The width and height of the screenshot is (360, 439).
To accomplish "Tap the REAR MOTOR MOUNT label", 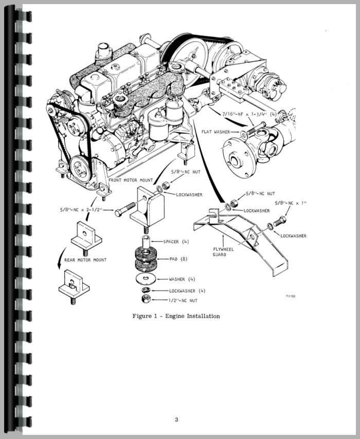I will (85, 260).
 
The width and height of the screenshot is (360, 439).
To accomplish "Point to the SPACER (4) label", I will (175, 242).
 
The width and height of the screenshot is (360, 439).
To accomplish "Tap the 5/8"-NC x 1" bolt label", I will (291, 203).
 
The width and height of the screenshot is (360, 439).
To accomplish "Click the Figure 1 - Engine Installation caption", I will (176, 316).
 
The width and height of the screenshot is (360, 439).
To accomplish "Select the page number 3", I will (176, 419).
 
